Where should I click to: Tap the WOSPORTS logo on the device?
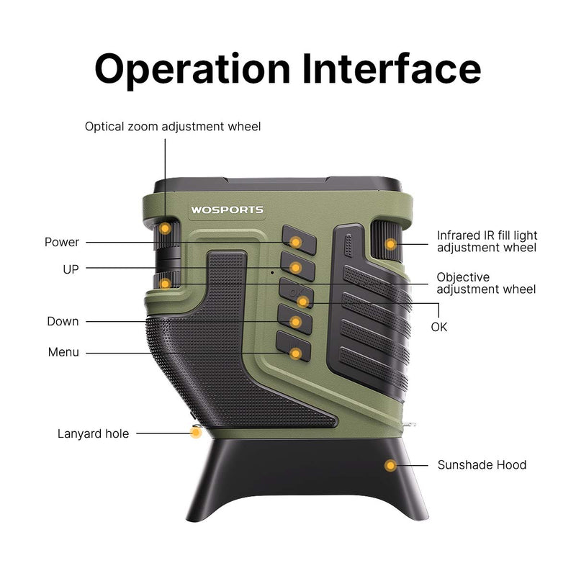[x=227, y=210]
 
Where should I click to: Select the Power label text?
[x=62, y=242]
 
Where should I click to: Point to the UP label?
[x=71, y=269]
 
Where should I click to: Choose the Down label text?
[x=63, y=321]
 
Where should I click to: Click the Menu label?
[x=63, y=353]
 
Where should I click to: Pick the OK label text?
[x=439, y=326]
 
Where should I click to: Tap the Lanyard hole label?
[x=93, y=434]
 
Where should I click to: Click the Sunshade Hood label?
[x=482, y=465]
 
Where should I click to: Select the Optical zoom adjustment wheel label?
[x=173, y=127]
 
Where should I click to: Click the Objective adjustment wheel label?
[x=486, y=283]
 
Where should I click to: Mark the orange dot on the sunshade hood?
[x=390, y=466]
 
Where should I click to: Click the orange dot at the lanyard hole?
[x=195, y=433]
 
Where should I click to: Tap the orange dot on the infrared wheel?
[x=390, y=244]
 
